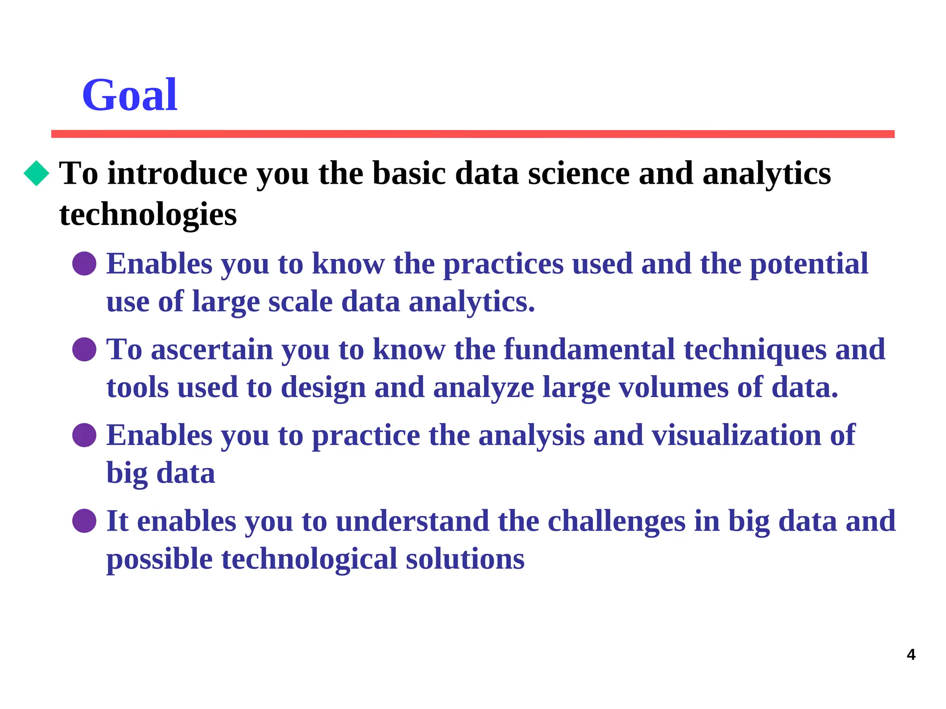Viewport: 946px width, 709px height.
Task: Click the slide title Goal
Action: (129, 95)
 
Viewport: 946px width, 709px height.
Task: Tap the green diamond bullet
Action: (36, 173)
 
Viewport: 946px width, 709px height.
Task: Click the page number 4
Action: (911, 655)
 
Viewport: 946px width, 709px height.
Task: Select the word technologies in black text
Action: (148, 215)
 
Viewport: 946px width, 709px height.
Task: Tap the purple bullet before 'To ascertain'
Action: (84, 349)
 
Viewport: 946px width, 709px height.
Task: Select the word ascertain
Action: (212, 349)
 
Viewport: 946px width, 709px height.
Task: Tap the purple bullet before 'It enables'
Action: (84, 521)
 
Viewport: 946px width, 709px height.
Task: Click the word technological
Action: (309, 559)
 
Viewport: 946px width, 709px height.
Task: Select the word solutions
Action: (465, 559)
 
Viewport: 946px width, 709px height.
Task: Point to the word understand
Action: (412, 521)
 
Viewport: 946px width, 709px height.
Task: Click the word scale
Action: (300, 302)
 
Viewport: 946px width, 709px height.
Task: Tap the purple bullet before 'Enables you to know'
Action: (84, 264)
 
